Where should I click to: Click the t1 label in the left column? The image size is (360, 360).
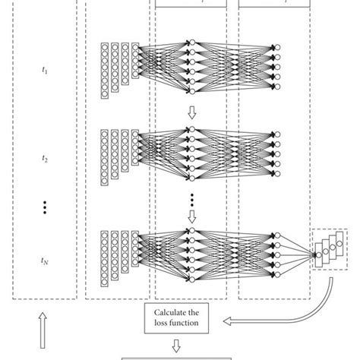point(43,71)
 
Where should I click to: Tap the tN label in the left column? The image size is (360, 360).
point(43,260)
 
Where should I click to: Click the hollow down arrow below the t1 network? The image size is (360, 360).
point(191,112)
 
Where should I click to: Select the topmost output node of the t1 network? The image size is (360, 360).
point(278,47)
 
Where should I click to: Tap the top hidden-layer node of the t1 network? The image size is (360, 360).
point(191,41)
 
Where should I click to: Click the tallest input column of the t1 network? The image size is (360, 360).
point(105,71)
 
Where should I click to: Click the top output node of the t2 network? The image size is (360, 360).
point(278,135)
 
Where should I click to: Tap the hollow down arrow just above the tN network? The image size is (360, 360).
point(191,216)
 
